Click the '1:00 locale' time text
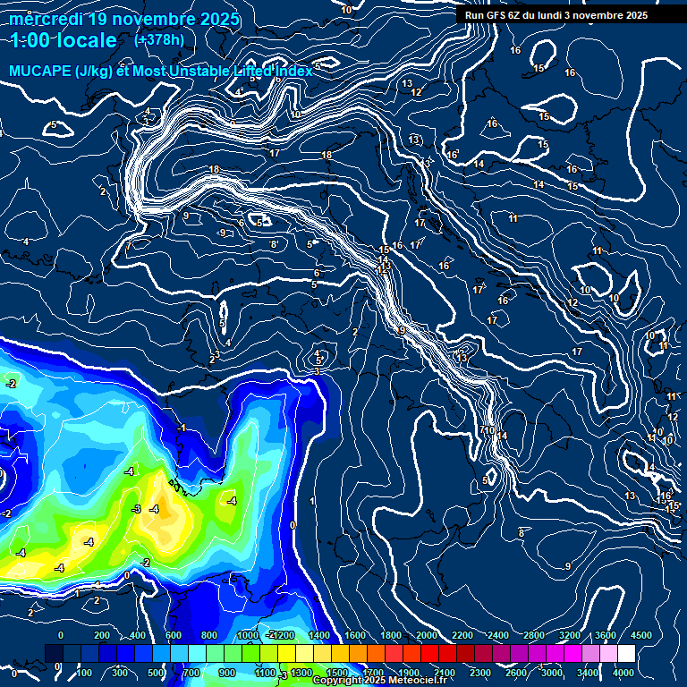pyautogui.click(x=64, y=40)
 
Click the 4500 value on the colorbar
pyautogui.click(x=640, y=635)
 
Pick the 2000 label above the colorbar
pyautogui.click(x=426, y=635)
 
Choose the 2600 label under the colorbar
pyautogui.click(x=516, y=673)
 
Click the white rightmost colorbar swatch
pyautogui.click(x=650, y=654)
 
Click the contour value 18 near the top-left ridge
pyautogui.click(x=214, y=169)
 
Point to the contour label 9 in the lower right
pyautogui.click(x=567, y=566)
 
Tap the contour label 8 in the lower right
pyautogui.click(x=521, y=533)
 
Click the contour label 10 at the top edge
pyautogui.click(x=346, y=10)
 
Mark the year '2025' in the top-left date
pyautogui.click(x=219, y=19)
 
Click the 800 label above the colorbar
pyautogui.click(x=209, y=635)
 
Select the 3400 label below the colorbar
pyautogui.click(x=588, y=673)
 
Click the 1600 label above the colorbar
pyautogui.click(x=354, y=635)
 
